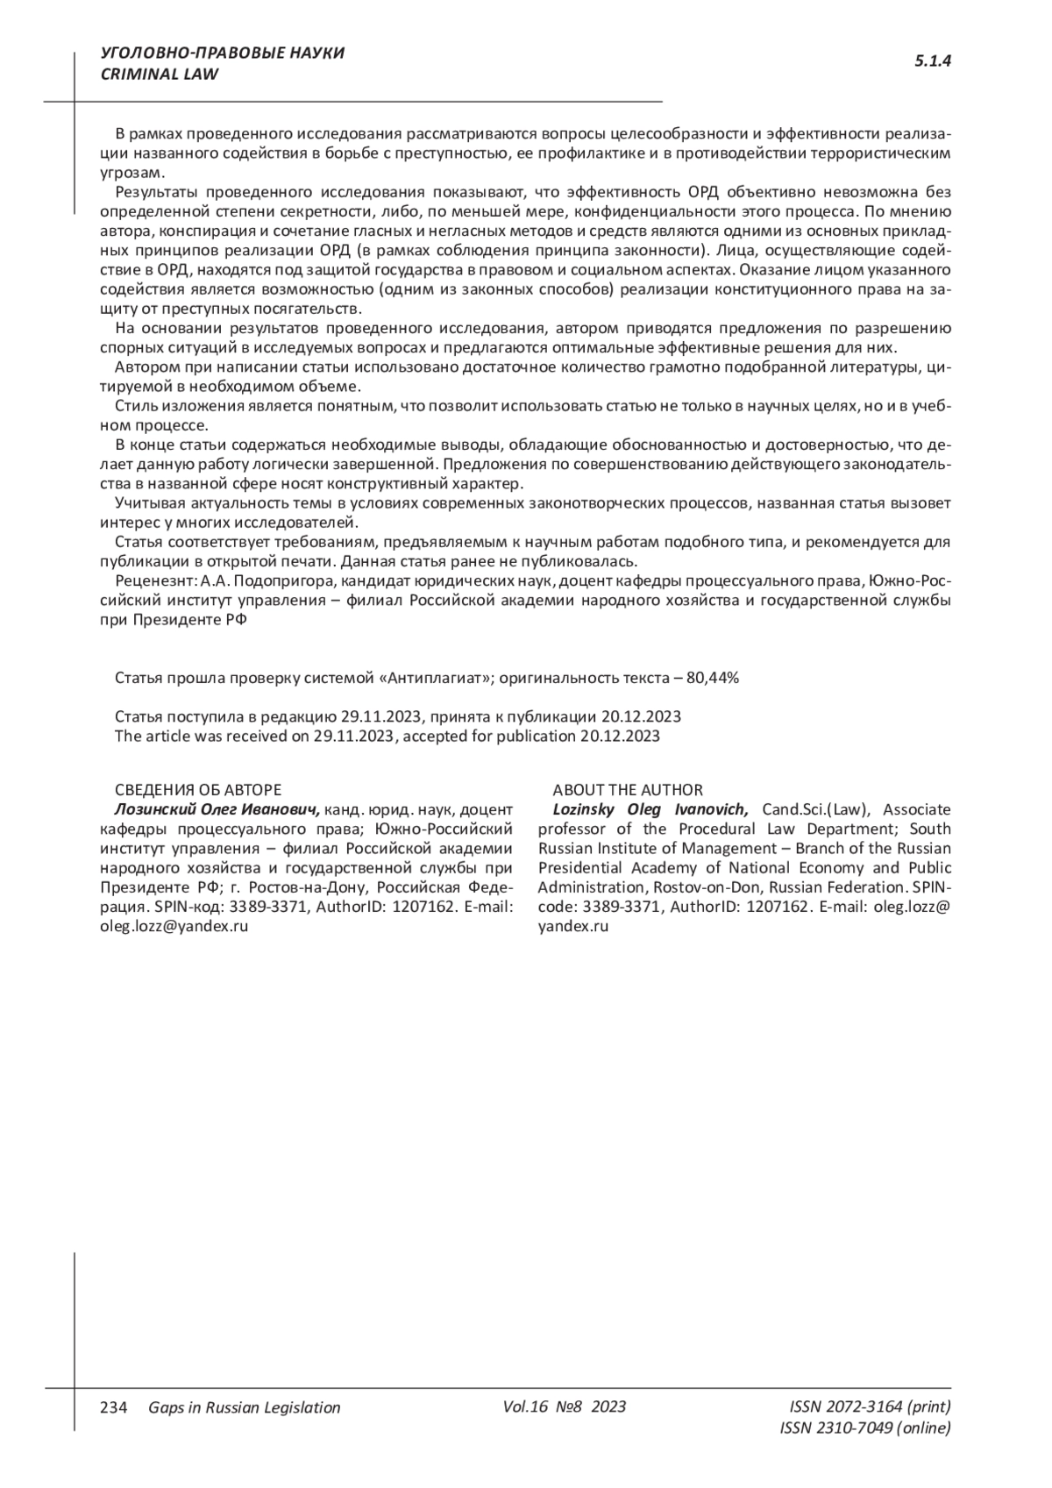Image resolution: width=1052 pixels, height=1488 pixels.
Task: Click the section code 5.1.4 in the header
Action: pyautogui.click(x=933, y=61)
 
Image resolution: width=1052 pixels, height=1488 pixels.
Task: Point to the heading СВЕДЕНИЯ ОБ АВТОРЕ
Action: pyautogui.click(x=198, y=790)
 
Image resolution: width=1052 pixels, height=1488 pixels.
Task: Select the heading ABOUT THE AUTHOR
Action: pyautogui.click(x=627, y=790)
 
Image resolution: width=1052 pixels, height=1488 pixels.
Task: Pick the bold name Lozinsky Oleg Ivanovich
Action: pyautogui.click(x=650, y=809)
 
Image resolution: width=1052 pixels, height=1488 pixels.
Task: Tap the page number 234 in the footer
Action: pyautogui.click(x=115, y=1407)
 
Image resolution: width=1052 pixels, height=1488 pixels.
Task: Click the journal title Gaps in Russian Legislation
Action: pyautogui.click(x=245, y=1407)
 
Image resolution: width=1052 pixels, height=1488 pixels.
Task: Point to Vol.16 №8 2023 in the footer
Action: pyautogui.click(x=565, y=1406)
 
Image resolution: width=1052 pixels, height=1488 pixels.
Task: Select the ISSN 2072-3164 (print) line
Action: pyautogui.click(x=870, y=1406)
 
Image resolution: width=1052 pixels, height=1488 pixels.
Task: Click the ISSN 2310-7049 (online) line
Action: pyautogui.click(x=864, y=1427)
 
